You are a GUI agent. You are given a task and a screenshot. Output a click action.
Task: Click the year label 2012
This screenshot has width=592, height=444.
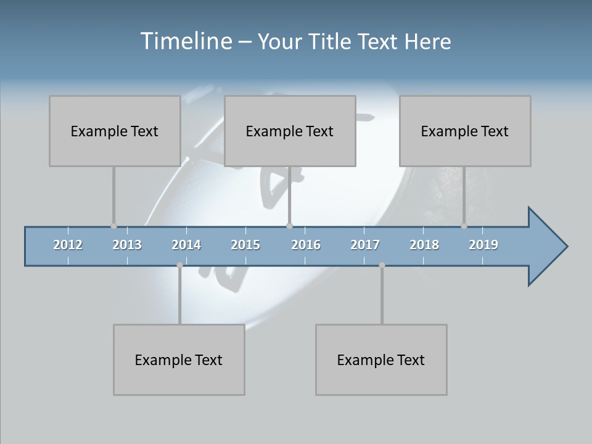pos(68,245)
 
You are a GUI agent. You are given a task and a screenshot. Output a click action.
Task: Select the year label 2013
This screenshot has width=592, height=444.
pos(127,245)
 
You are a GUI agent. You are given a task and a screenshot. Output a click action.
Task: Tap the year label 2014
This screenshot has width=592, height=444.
pos(186,245)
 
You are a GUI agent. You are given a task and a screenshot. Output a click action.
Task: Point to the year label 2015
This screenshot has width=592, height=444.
pos(245,245)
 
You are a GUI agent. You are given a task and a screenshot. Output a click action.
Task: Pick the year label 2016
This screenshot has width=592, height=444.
pos(306,245)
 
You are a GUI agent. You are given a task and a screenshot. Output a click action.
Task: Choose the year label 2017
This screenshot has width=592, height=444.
pos(365,245)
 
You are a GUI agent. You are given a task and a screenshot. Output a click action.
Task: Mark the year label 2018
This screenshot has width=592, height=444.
pos(424,245)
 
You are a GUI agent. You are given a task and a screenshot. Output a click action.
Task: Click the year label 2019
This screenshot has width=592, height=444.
pos(483,245)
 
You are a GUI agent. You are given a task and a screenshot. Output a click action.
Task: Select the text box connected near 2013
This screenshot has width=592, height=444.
pos(115,131)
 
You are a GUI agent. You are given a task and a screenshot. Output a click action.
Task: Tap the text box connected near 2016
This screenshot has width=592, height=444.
pos(290,131)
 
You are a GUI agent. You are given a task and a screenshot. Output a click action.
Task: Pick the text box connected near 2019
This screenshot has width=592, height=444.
pos(465,131)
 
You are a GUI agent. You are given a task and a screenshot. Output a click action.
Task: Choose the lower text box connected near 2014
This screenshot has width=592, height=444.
pos(179,360)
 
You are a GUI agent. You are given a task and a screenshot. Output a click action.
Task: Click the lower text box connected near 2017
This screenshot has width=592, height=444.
pos(381,360)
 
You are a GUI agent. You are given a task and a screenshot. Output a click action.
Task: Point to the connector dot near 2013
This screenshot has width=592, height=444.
pos(113,226)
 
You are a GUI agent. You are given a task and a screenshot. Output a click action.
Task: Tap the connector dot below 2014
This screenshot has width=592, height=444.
pos(179,265)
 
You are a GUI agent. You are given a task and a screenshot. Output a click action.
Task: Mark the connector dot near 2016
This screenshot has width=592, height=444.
pos(290,226)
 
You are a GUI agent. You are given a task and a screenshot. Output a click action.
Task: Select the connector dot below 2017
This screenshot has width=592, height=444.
pos(382,265)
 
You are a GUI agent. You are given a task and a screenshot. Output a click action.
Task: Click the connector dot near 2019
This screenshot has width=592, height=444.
pos(464,226)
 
